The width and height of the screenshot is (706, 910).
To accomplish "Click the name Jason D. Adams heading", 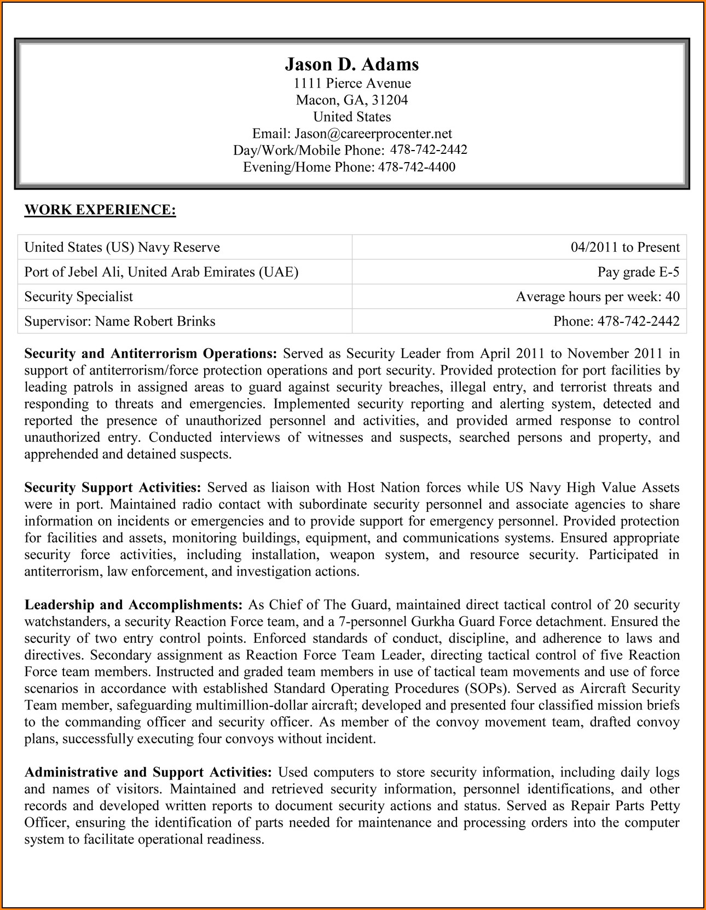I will pyautogui.click(x=352, y=65).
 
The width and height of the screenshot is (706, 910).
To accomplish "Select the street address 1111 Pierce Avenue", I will pyautogui.click(x=352, y=83).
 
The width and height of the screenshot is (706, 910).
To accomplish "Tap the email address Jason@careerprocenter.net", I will pyautogui.click(x=373, y=134).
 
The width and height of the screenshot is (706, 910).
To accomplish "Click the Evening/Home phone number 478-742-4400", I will pyautogui.click(x=416, y=167).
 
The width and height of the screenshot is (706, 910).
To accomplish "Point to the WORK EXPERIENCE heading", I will pyautogui.click(x=100, y=210).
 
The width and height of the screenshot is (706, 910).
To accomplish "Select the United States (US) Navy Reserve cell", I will pyautogui.click(x=122, y=247).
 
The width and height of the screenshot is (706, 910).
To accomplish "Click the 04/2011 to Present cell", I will pyautogui.click(x=625, y=247).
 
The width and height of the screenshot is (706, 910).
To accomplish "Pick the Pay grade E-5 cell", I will pyautogui.click(x=638, y=272).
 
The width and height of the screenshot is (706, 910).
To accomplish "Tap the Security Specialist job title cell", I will pyautogui.click(x=79, y=297).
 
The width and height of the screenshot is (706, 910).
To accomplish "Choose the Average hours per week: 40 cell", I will pyautogui.click(x=598, y=297).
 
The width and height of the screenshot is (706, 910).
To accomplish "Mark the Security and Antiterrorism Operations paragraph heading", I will pyautogui.click(x=151, y=354).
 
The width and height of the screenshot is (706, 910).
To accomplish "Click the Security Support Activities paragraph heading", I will pyautogui.click(x=113, y=488).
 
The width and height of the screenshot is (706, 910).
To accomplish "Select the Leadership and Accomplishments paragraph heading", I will pyautogui.click(x=134, y=605).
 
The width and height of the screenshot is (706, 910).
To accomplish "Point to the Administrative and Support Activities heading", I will pyautogui.click(x=148, y=773).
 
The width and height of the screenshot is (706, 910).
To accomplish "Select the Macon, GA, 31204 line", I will pyautogui.click(x=352, y=100).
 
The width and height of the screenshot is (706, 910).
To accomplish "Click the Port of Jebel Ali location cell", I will pyautogui.click(x=161, y=272).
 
